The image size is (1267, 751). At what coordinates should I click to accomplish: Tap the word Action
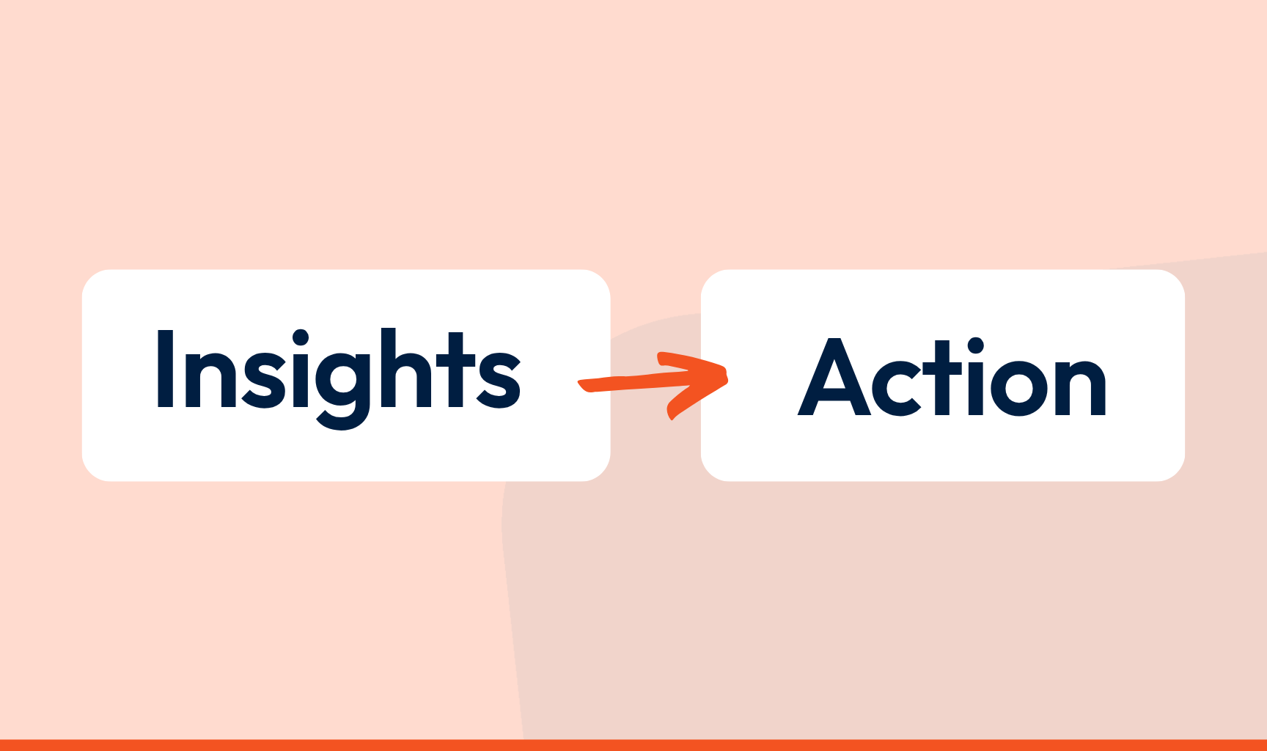click(952, 377)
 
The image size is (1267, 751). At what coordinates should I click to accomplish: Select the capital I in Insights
click(165, 368)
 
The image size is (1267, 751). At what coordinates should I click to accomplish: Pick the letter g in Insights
click(343, 389)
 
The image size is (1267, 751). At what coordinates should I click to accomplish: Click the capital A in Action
click(834, 377)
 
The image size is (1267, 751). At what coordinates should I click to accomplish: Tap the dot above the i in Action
click(974, 346)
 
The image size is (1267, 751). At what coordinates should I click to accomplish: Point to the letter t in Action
click(943, 378)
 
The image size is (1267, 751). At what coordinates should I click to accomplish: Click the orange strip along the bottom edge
click(633, 745)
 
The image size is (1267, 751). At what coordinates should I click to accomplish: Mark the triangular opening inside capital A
click(834, 377)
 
